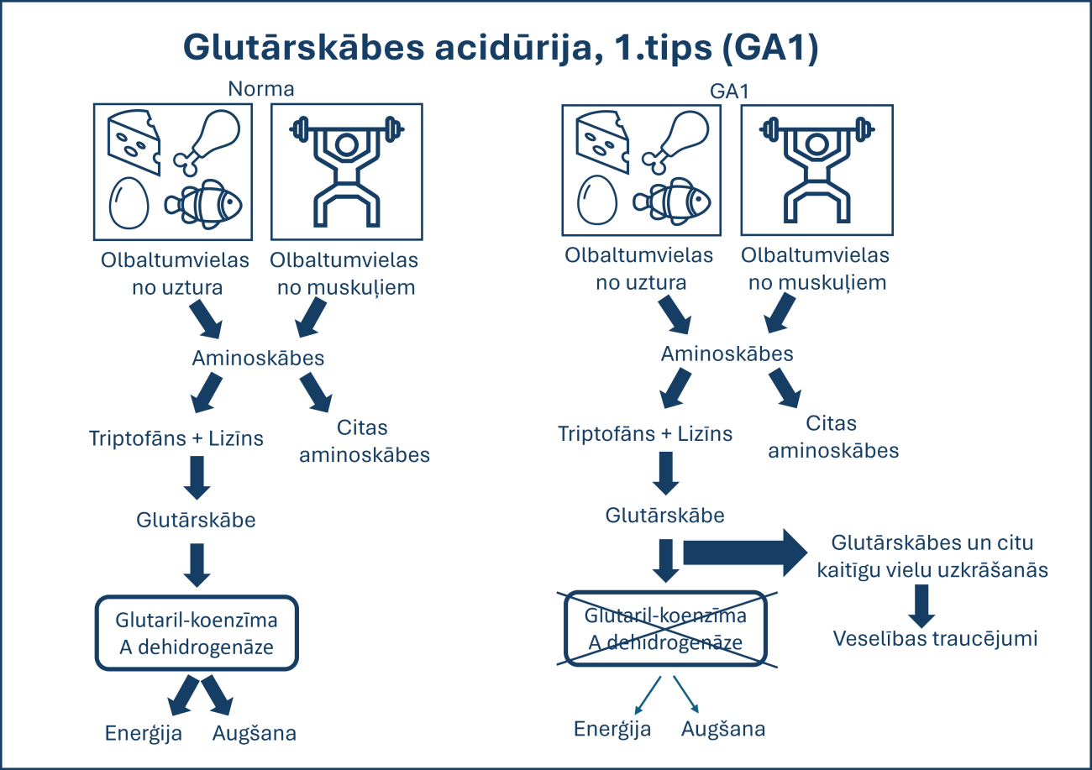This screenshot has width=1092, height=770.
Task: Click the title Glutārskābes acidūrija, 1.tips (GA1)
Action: click(501, 48)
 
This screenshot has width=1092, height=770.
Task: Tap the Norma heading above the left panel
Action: click(261, 88)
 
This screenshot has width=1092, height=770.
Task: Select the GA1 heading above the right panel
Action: click(729, 90)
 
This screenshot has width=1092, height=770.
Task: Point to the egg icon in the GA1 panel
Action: click(597, 200)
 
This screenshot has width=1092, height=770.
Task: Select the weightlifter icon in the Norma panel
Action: click(346, 171)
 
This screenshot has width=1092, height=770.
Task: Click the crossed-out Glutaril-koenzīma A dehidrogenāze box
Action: click(666, 628)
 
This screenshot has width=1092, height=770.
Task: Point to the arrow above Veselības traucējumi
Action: click(922, 604)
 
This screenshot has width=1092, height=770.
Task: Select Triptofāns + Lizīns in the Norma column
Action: click(176, 438)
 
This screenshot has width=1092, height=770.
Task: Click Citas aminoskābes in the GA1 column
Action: click(833, 437)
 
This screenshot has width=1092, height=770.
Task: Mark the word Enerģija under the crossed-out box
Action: click(612, 728)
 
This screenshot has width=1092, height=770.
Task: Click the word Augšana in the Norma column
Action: click(255, 733)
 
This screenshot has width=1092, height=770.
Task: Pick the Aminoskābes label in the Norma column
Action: click(258, 358)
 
